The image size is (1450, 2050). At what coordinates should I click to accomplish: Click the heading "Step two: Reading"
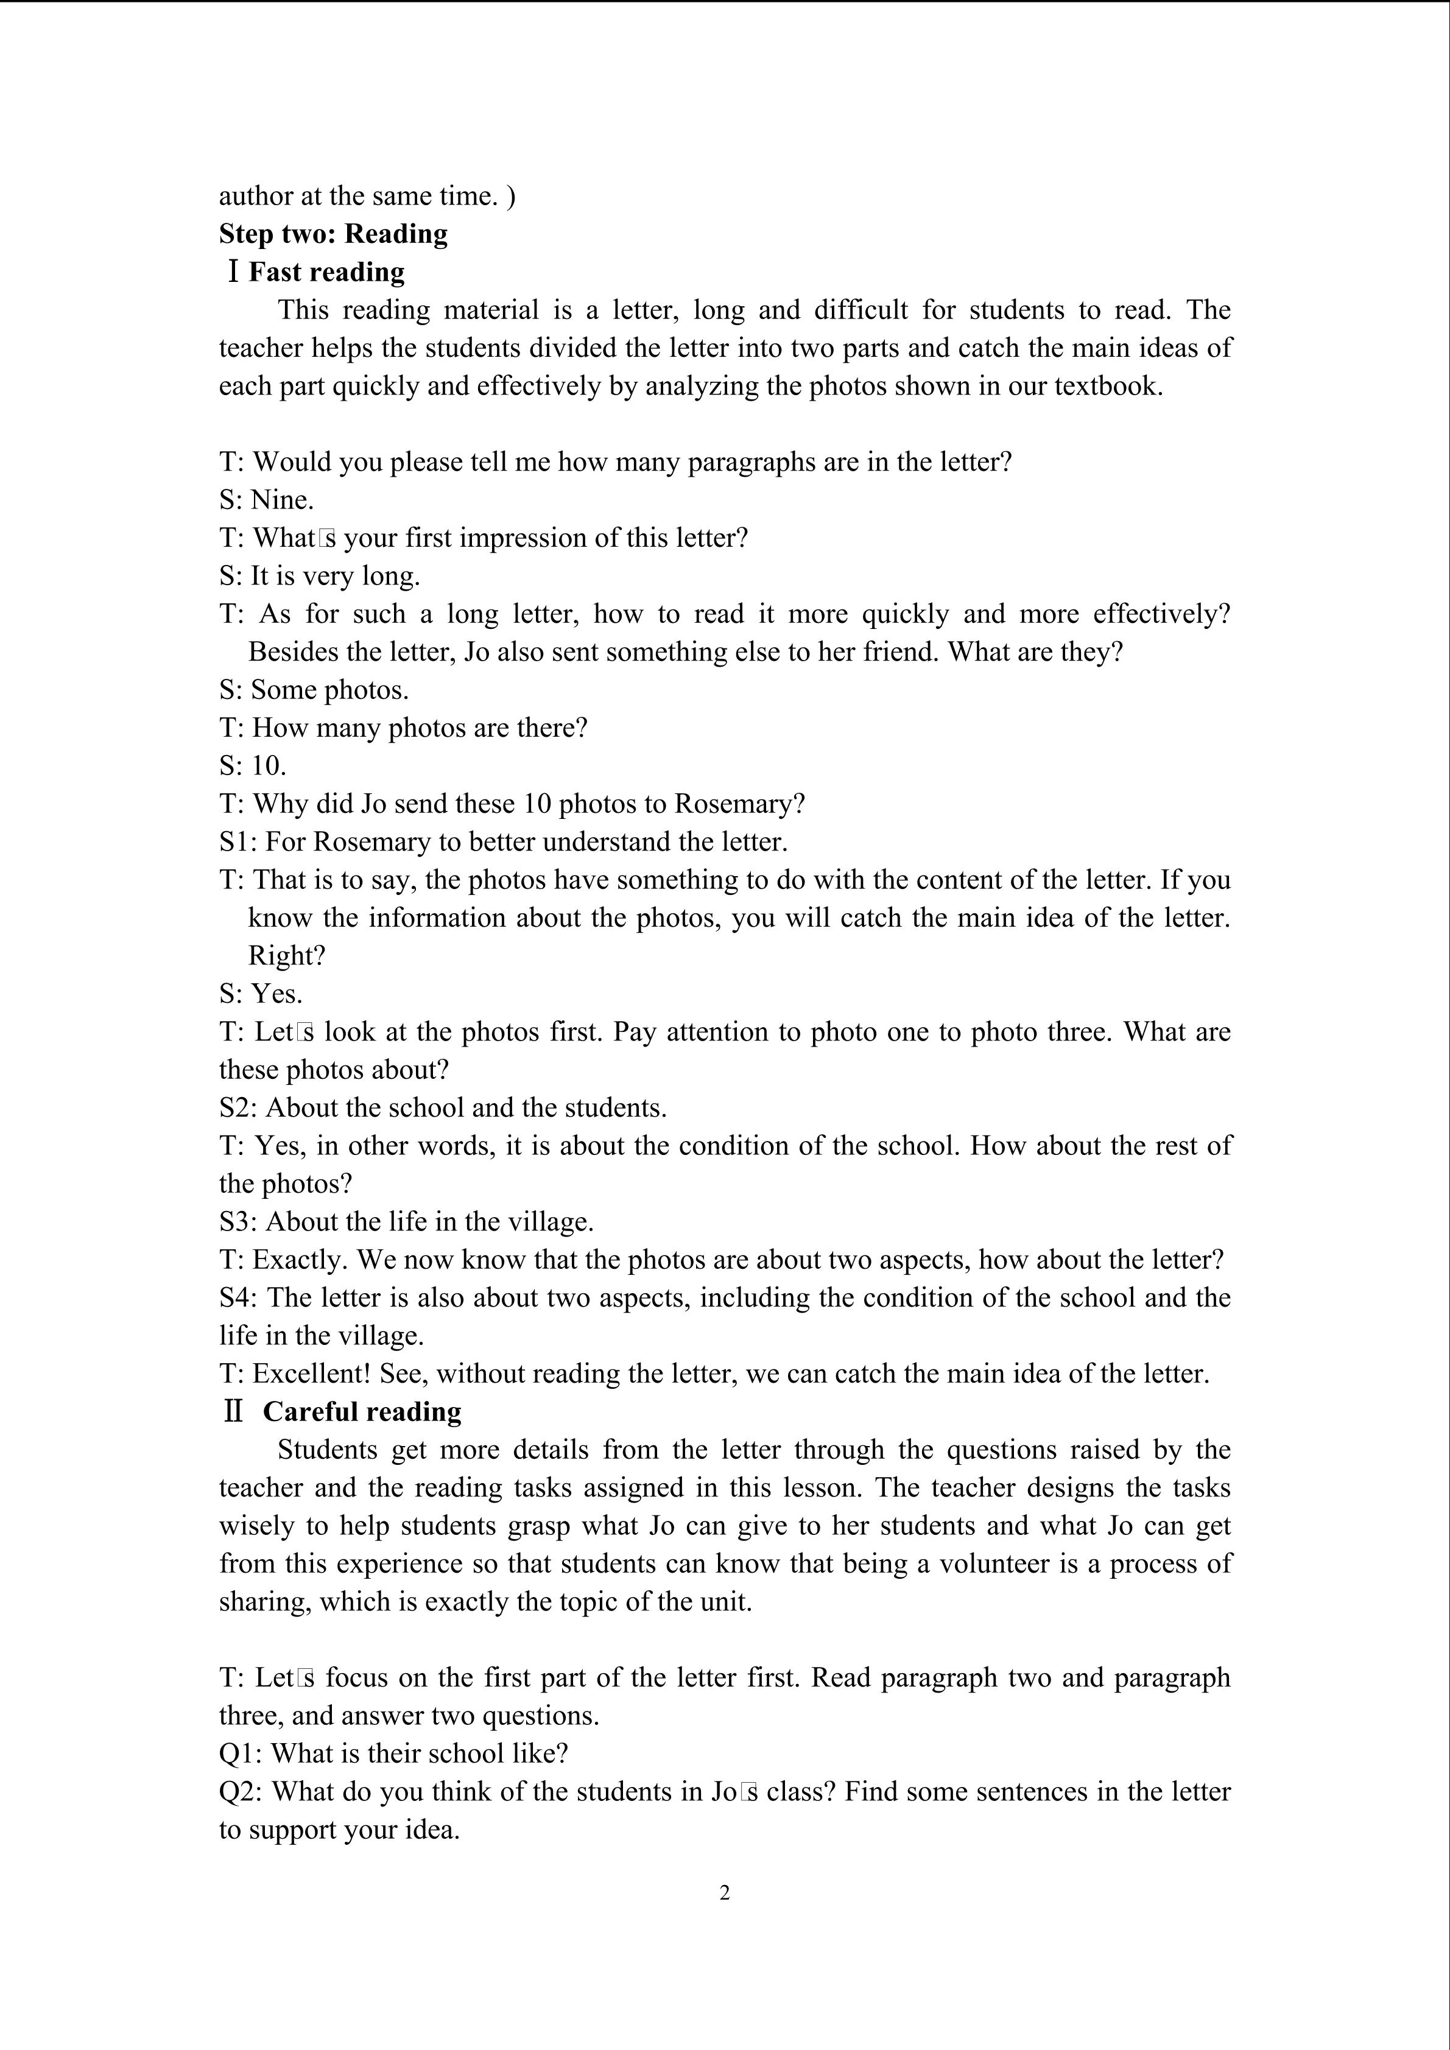point(333,234)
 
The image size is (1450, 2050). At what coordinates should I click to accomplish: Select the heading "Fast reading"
point(326,272)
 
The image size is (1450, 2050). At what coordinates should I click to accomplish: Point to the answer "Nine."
point(282,500)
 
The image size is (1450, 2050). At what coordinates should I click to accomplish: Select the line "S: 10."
point(253,766)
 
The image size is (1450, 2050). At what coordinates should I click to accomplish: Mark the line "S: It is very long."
point(320,576)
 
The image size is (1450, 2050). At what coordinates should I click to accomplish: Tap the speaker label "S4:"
point(239,1297)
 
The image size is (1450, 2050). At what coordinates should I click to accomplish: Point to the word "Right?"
point(287,957)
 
